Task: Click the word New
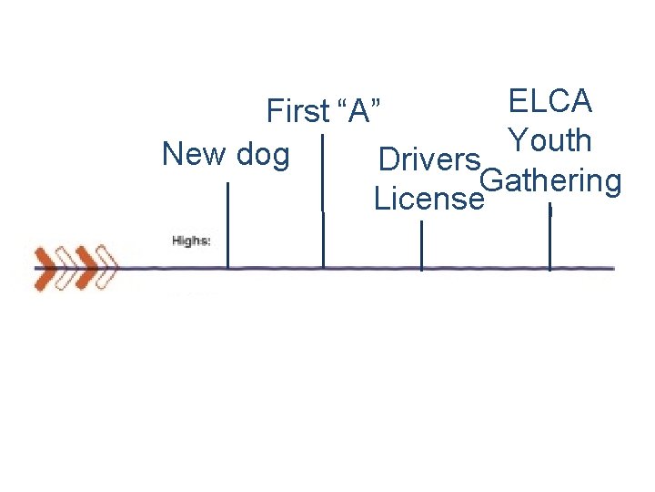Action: pyautogui.click(x=194, y=154)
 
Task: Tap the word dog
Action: pyautogui.click(x=262, y=155)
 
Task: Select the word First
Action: pyautogui.click(x=297, y=112)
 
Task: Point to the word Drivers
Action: pyautogui.click(x=428, y=159)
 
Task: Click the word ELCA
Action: pyautogui.click(x=550, y=101)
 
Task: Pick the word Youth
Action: pyautogui.click(x=550, y=141)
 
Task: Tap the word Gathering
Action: pyautogui.click(x=550, y=181)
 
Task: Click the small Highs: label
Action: pyautogui.click(x=191, y=241)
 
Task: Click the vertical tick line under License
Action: pyautogui.click(x=421, y=245)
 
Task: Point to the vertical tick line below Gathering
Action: pyautogui.click(x=549, y=237)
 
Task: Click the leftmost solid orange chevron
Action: pyautogui.click(x=46, y=267)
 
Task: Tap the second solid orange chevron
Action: pyautogui.click(x=86, y=267)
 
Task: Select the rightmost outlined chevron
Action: pyautogui.click(x=106, y=267)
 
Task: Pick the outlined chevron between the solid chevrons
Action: pyautogui.click(x=66, y=267)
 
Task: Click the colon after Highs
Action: pyautogui.click(x=209, y=241)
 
